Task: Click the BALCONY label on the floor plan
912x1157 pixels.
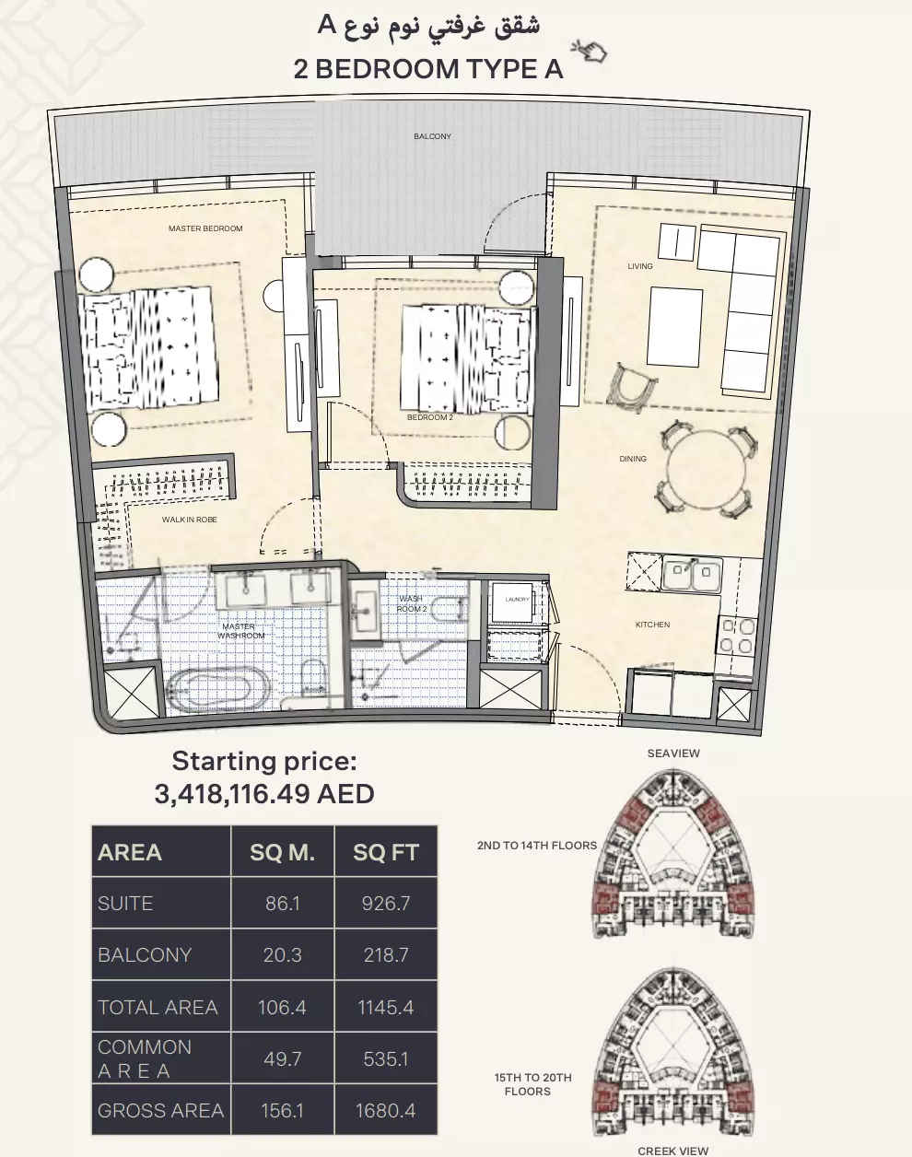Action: click(x=432, y=136)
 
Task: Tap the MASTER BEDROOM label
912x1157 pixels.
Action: click(x=205, y=228)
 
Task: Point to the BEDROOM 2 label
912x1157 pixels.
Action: click(x=429, y=417)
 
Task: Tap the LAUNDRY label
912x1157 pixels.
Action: click(x=517, y=600)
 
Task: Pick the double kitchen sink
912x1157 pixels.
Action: click(x=692, y=575)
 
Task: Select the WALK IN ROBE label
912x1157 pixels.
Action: click(x=190, y=520)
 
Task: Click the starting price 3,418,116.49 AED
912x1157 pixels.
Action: click(x=264, y=793)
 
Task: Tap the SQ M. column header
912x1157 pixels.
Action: click(x=282, y=853)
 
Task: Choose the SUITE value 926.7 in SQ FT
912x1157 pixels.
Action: click(x=385, y=904)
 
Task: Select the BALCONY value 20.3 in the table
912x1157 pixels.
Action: click(x=282, y=955)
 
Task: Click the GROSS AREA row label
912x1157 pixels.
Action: click(x=160, y=1111)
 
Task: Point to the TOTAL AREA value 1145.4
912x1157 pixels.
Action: click(x=385, y=1008)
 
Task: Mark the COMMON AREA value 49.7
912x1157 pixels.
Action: click(x=282, y=1059)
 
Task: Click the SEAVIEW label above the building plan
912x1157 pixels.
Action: click(x=673, y=754)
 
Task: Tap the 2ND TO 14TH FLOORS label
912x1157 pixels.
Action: click(x=536, y=846)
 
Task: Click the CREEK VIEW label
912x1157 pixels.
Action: click(x=673, y=1151)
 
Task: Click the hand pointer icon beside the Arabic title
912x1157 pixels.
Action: click(x=588, y=50)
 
